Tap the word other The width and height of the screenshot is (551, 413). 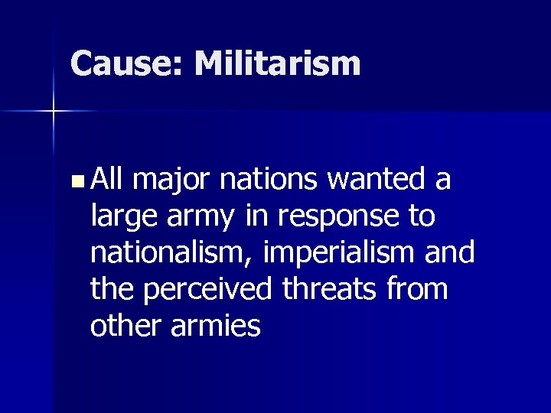[124, 327]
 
